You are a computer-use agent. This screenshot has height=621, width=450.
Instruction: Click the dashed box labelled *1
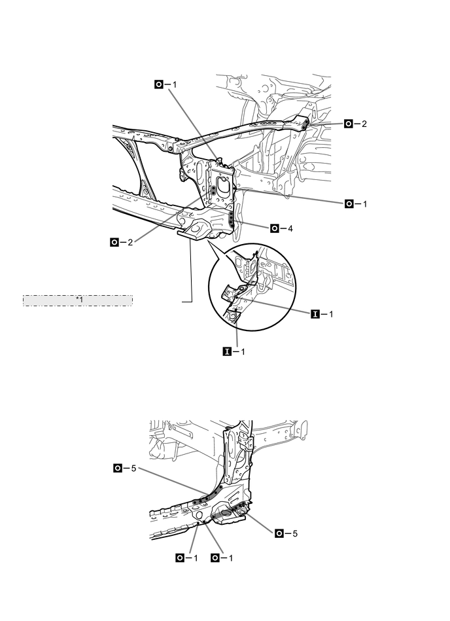point(78,300)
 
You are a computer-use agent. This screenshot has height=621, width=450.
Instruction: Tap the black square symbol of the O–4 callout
point(274,228)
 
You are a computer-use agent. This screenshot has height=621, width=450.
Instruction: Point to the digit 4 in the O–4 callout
point(291,228)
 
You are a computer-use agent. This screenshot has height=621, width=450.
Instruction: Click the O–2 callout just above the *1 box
point(122,242)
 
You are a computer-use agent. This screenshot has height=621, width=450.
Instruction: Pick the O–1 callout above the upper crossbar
point(166,84)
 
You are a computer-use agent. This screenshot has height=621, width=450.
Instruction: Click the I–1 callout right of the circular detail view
point(324,314)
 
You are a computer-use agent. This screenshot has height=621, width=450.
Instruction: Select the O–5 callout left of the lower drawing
point(126,468)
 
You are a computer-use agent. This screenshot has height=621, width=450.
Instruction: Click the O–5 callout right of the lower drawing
point(287,533)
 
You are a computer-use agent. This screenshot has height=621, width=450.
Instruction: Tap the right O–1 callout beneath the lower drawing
point(222,558)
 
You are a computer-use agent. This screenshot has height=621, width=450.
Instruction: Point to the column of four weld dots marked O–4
point(233,218)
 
